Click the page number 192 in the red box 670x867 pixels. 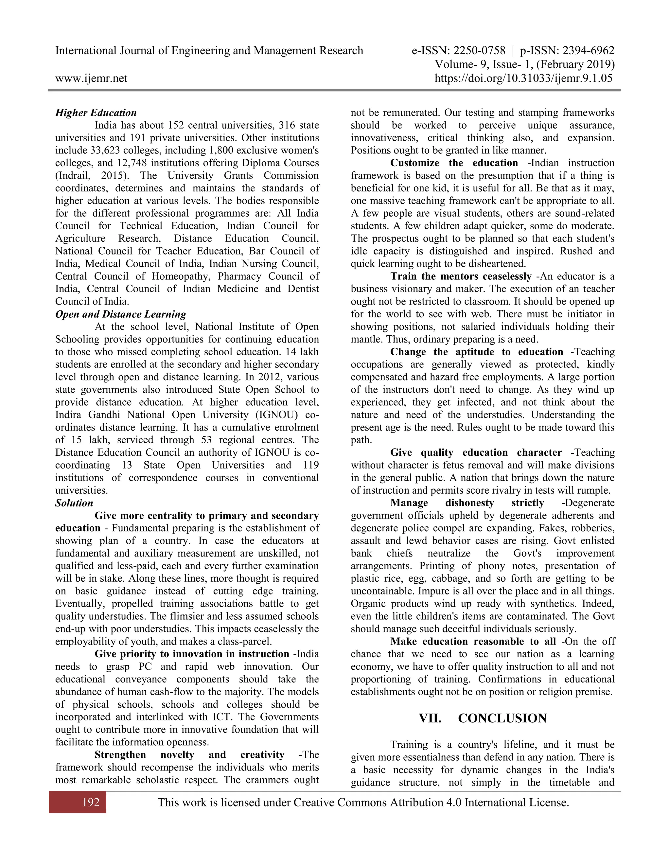coord(91,802)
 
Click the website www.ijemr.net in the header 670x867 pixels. coord(91,78)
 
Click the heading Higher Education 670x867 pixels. coord(96,113)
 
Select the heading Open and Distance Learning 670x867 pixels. coord(120,314)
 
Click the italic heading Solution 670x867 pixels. coord(74,503)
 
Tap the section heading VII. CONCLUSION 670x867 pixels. coord(482,718)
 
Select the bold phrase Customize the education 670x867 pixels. coord(454,163)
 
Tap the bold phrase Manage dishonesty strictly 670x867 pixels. coord(467,503)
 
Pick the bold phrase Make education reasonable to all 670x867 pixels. coord(473,642)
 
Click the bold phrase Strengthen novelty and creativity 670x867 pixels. coord(189,755)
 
